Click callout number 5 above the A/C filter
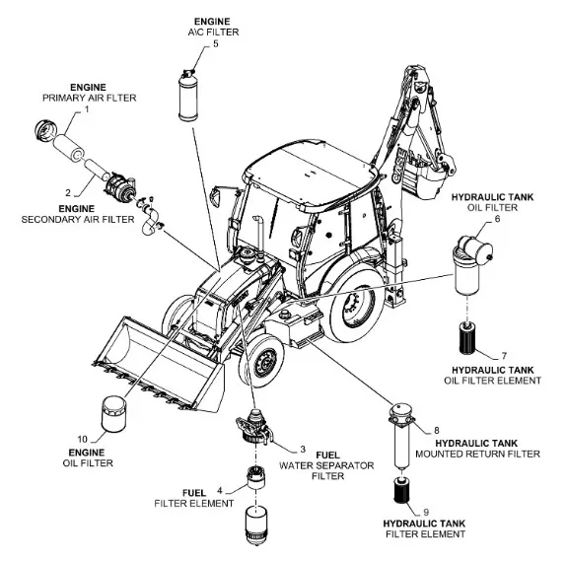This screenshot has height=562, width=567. point(216,43)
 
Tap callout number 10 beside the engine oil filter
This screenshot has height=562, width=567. point(83,439)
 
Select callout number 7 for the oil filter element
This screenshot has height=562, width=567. point(504,356)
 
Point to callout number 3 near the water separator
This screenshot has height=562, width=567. point(303,450)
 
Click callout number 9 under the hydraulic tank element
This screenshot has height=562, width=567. point(426,512)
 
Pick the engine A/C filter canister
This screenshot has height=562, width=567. point(188,96)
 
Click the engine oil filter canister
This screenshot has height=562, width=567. point(114,414)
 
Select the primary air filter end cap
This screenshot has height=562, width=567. point(46,131)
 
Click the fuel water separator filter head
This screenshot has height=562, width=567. point(253,426)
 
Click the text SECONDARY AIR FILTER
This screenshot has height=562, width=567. point(78,220)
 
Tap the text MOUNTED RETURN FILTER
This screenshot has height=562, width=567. point(477,454)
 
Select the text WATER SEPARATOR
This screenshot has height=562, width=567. point(326,465)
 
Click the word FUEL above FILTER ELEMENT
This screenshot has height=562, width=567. point(194,493)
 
